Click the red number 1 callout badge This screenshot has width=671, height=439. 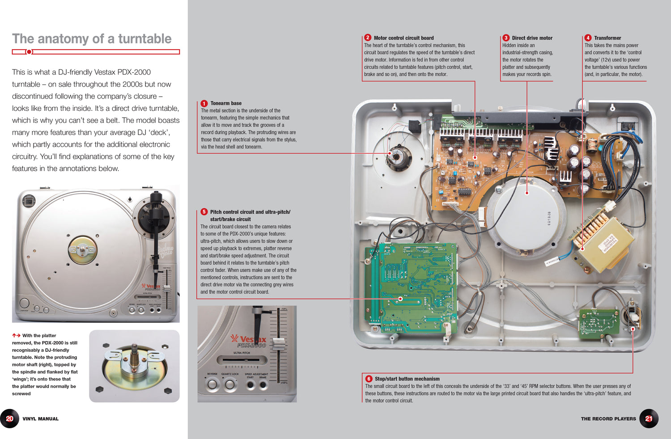tap(204, 103)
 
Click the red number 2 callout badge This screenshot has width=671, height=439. tap(367, 38)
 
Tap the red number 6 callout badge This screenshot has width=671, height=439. tap(369, 379)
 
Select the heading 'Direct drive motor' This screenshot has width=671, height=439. tap(532, 38)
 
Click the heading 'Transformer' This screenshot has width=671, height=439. tap(607, 38)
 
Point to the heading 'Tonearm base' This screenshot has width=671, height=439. tap(226, 103)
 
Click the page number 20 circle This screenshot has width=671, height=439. tap(9, 419)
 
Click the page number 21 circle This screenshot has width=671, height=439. tap(649, 419)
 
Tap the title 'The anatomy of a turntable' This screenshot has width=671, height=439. tap(92, 39)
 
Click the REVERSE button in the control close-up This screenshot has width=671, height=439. tap(212, 384)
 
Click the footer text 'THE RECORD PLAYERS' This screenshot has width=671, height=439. tap(608, 419)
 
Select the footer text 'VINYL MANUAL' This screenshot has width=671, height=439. tap(40, 419)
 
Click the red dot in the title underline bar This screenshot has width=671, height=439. tap(29, 52)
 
